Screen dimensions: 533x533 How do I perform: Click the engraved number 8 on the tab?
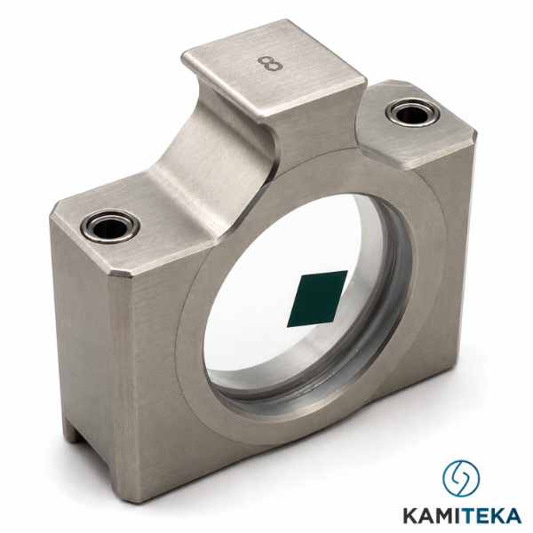point(270,64)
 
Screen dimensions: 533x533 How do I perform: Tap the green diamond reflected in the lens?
point(317,298)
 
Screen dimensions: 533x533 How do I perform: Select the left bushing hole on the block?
point(110,226)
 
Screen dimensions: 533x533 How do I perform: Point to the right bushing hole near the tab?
point(410,115)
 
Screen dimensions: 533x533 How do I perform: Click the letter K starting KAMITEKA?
point(411,515)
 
